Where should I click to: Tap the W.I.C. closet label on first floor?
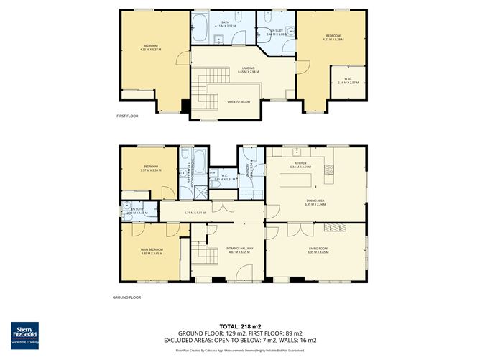[x=347, y=80]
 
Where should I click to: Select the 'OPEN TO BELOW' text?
[x=239, y=101]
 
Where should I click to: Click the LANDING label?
[x=249, y=68]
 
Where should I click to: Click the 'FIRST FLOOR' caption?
[x=127, y=116]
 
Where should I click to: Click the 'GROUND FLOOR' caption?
[x=126, y=297]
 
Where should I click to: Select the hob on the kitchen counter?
[x=328, y=170]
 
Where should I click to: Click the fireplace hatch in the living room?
[x=334, y=228]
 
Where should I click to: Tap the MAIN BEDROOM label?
[x=151, y=249]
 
